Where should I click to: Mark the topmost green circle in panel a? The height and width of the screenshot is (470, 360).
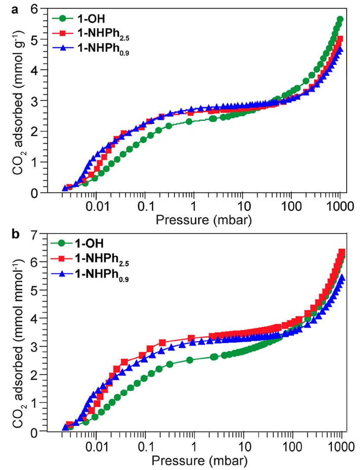340,19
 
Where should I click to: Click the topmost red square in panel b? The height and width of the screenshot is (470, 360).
342,252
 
